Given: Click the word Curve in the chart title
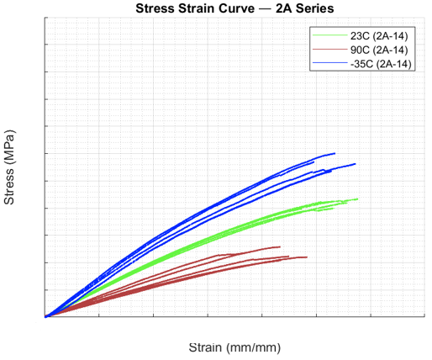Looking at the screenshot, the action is (236, 8).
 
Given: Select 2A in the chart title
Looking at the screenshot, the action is (284, 8).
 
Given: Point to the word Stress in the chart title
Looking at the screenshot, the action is (154, 8).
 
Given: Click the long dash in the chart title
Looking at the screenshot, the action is (265, 8).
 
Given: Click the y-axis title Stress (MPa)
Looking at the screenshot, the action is (9, 167).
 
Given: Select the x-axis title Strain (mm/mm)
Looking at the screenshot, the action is (234, 347).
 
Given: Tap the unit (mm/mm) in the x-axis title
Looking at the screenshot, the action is (254, 348).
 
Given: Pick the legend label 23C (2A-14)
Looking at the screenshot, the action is (379, 35).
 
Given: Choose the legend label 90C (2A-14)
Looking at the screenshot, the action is (379, 50).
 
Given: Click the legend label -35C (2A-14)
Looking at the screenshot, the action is (381, 64).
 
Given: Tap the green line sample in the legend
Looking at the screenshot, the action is (329, 34).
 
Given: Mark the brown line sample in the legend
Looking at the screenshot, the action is (329, 50).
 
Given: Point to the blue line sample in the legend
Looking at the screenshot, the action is (329, 63).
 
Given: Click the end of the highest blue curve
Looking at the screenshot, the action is (335, 153).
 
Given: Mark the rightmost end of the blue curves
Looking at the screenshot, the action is (356, 164).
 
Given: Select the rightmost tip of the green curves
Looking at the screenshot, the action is (358, 199).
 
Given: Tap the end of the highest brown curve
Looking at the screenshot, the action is (280, 246).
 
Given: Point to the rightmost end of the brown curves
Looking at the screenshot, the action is (307, 257).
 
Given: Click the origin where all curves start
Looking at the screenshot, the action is (45, 316).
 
